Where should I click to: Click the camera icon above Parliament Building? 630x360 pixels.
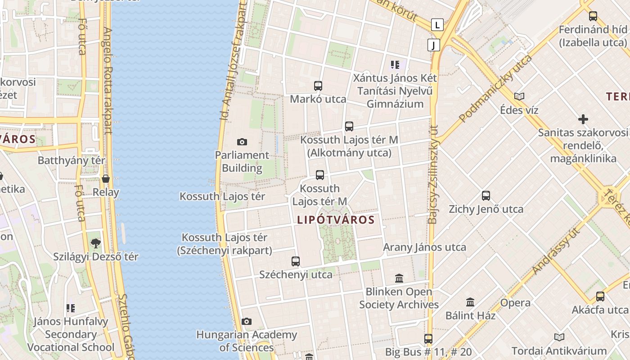click(x=242, y=142)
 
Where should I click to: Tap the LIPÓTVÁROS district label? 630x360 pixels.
click(x=336, y=220)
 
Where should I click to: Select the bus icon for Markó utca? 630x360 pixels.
click(x=318, y=85)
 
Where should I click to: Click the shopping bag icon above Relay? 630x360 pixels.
click(x=106, y=179)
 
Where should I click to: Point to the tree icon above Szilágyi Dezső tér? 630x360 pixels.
click(x=95, y=243)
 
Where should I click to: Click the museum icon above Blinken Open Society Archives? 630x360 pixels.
click(x=399, y=278)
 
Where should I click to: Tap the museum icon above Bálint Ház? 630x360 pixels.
click(x=470, y=302)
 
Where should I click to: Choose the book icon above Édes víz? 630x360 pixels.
click(x=519, y=96)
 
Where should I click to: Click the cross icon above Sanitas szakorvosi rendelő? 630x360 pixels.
click(x=583, y=119)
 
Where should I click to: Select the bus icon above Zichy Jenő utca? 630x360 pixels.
click(x=486, y=196)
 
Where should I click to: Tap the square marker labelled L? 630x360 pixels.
click(x=437, y=25)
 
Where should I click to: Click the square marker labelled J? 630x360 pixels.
click(x=433, y=45)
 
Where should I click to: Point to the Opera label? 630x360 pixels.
click(x=515, y=303)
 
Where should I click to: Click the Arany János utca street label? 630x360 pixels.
click(x=424, y=247)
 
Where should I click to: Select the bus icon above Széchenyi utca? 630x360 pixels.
click(x=296, y=261)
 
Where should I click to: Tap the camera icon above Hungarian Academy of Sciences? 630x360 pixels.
click(x=246, y=321)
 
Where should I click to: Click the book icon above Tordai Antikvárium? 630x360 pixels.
click(x=559, y=337)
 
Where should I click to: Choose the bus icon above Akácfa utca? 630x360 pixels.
click(x=600, y=297)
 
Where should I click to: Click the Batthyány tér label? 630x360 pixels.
click(x=72, y=160)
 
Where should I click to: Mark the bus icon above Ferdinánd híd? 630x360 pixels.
click(x=593, y=16)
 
